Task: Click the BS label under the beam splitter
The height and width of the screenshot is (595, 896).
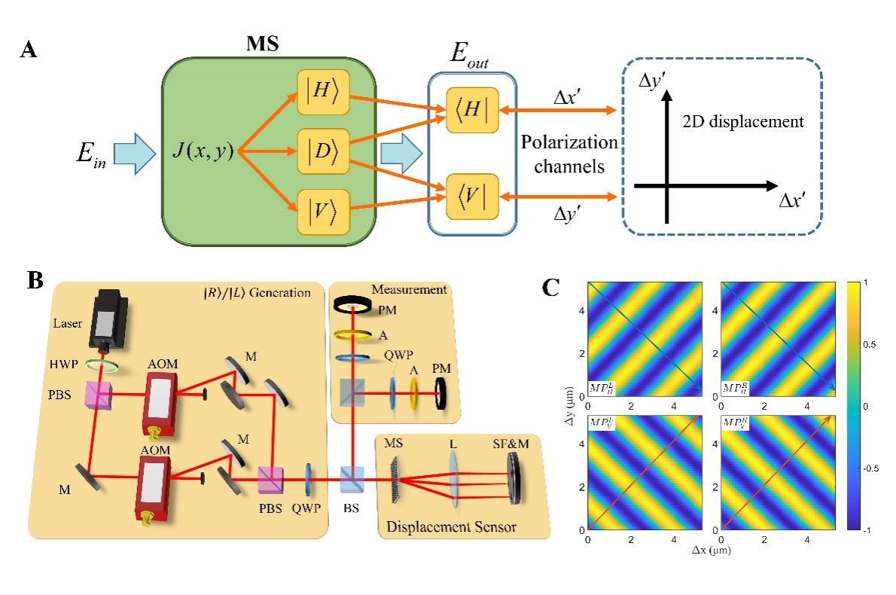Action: (x=352, y=508)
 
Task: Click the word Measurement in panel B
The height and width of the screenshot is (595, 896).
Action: (x=408, y=289)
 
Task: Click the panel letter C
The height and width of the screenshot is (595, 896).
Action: (x=552, y=286)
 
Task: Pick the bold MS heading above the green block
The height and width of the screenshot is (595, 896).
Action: (x=263, y=43)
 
